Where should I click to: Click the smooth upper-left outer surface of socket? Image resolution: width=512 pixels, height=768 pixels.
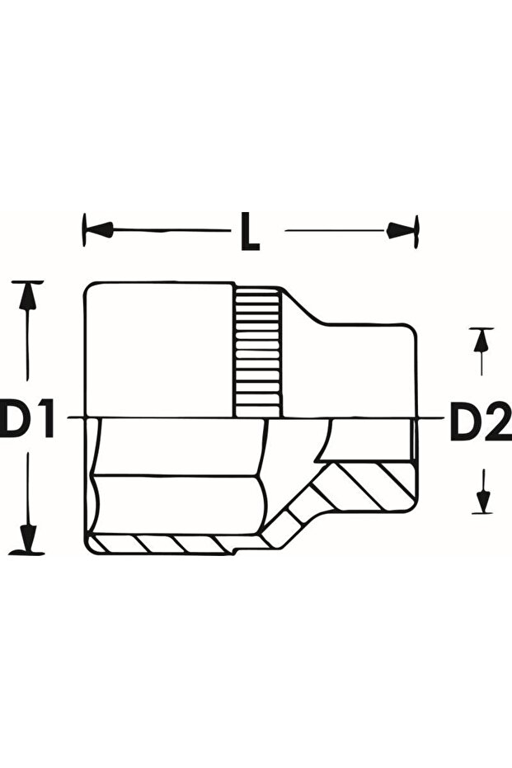pos(157,346)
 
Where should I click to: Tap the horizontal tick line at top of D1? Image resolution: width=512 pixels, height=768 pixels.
pos(29,282)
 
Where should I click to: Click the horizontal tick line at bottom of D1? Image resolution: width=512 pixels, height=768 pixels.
pos(29,554)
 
